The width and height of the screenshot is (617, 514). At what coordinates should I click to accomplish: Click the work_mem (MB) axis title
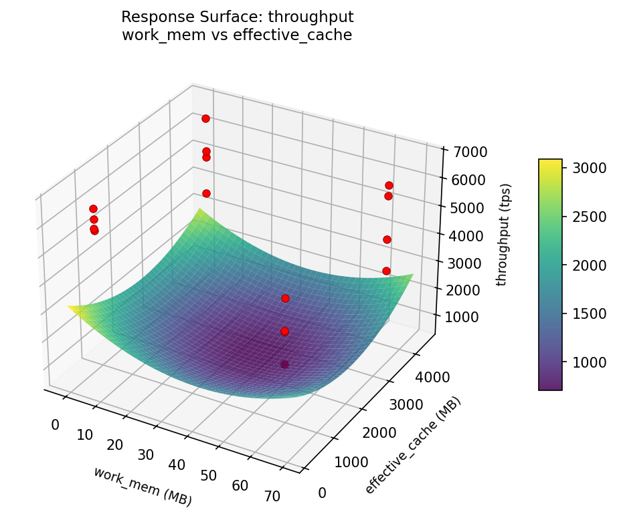point(143,486)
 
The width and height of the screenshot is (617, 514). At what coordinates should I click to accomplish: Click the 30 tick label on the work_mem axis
point(146,455)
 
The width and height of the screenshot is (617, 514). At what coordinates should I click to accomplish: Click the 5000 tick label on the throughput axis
point(462,207)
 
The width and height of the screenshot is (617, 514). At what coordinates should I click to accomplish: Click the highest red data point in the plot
point(205,118)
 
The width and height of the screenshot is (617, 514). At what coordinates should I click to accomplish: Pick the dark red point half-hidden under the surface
point(284,364)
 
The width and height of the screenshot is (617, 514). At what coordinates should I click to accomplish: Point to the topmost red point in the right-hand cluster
point(389,185)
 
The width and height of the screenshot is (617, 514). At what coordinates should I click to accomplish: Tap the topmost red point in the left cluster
point(93,209)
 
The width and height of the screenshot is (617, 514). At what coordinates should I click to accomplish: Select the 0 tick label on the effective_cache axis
point(322,493)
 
